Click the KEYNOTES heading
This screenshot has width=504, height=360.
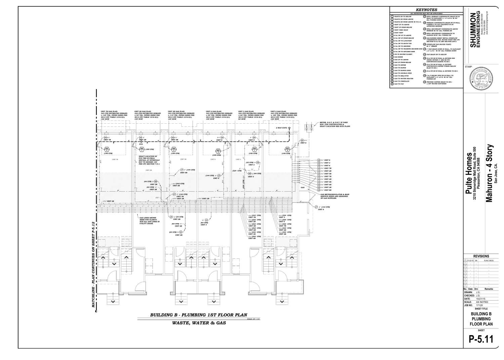point(426,10)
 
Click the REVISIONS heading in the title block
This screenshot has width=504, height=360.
point(481,256)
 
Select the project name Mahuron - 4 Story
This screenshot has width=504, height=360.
point(489,173)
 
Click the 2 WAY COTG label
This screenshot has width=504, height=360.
point(281,128)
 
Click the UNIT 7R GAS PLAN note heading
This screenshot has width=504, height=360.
point(110,111)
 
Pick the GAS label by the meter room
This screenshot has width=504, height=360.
point(302,188)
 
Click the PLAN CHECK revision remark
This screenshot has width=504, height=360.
point(489,261)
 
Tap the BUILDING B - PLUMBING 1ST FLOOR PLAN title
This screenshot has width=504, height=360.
point(199,315)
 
